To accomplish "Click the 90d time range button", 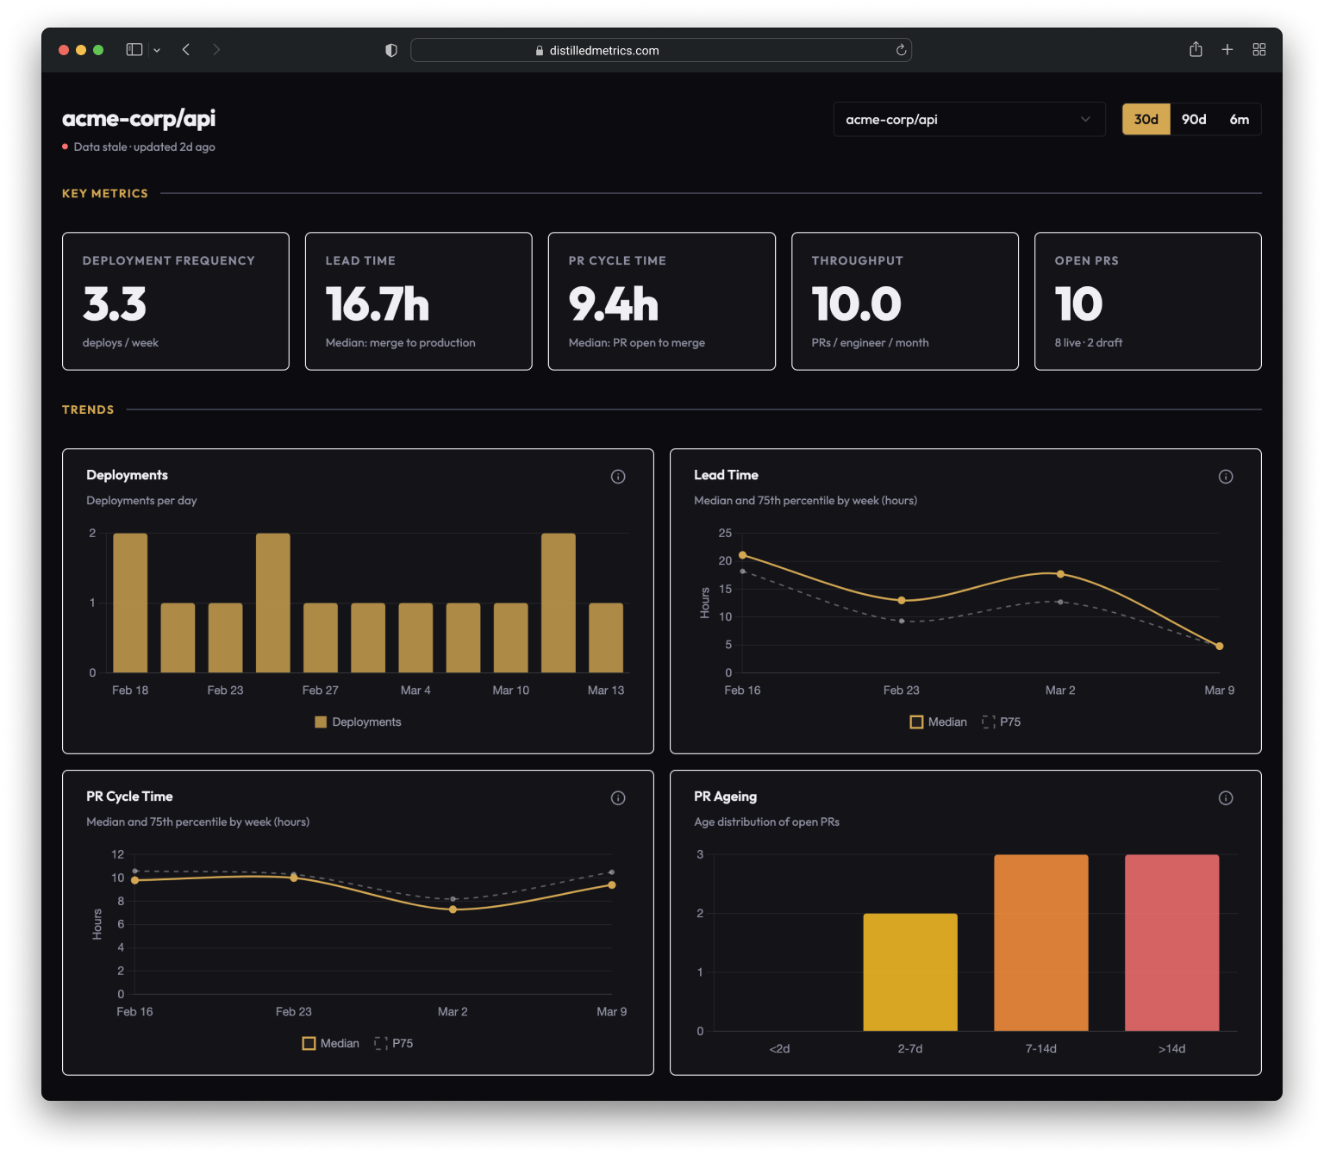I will point(1193,120).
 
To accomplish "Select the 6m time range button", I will point(1239,120).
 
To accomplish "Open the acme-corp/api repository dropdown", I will point(969,120).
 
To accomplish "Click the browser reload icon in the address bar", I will point(901,50).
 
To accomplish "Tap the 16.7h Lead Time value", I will point(377,304).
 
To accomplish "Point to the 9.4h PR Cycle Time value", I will point(613,304).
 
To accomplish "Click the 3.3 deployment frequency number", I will point(115,304).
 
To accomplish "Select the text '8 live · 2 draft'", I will point(1088,343).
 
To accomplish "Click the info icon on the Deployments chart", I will point(618,477).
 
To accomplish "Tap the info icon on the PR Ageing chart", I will point(1225,798).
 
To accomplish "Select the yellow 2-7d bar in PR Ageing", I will point(910,972).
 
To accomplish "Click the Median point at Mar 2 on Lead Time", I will point(1060,574).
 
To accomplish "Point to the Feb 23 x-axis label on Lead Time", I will point(901,690).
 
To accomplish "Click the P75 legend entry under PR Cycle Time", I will point(394,1043).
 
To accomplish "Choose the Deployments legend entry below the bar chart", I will point(358,722).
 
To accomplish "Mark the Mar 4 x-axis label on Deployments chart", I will point(415,690).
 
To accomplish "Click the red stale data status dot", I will point(66,147).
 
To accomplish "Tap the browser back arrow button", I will point(186,50).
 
